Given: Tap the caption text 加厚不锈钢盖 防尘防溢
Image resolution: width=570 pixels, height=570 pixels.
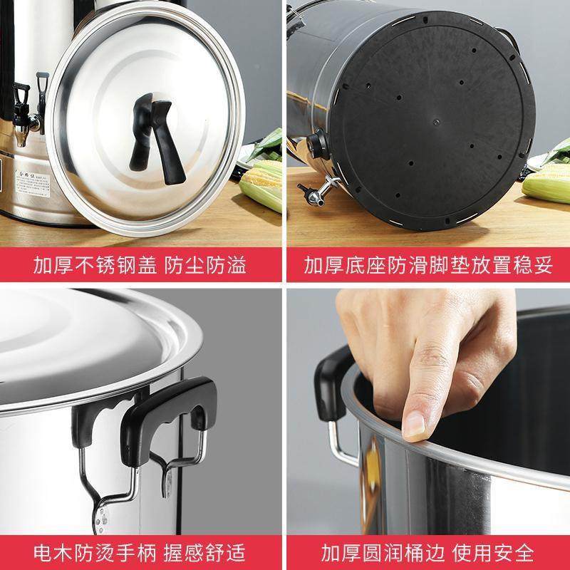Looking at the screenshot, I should point(140,266).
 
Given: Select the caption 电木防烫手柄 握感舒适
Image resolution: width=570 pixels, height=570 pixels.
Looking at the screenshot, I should point(140,551).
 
